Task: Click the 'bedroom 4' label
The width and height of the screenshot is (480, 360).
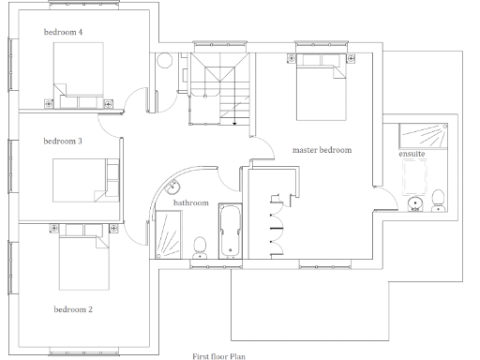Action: click(x=63, y=33)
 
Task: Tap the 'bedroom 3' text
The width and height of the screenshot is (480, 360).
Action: click(x=63, y=142)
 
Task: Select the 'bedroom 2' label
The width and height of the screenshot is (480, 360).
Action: click(x=73, y=308)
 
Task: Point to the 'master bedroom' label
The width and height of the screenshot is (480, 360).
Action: click(x=322, y=149)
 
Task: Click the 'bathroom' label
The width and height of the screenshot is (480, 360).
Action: click(x=190, y=202)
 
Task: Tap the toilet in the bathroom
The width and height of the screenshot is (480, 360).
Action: click(x=199, y=247)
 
